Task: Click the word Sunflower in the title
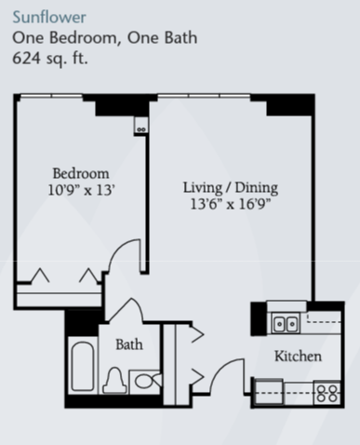49,17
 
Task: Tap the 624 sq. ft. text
50,58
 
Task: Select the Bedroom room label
81,173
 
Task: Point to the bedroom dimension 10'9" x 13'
81,190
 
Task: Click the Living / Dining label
231,188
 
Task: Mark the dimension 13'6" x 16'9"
231,204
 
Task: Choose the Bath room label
129,344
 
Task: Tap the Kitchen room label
298,356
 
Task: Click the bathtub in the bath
83,366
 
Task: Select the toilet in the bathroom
114,380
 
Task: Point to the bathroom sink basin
144,382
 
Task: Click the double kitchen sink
286,324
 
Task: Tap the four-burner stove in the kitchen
327,393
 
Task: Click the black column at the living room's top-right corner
290,105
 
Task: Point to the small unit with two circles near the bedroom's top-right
141,125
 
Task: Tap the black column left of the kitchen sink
259,318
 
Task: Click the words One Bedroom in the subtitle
64,38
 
